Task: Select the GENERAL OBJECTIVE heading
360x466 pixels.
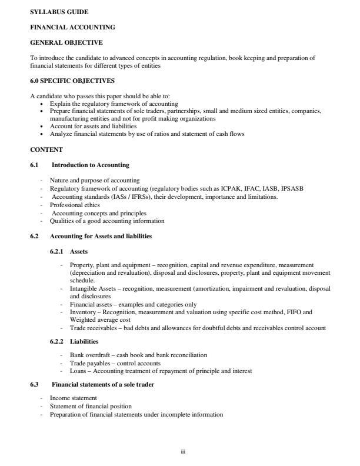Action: [66, 42]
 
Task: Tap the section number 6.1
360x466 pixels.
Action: [34, 165]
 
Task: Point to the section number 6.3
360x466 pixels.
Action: [34, 384]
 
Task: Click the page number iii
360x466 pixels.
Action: [182, 452]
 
